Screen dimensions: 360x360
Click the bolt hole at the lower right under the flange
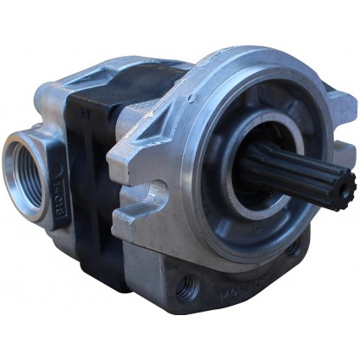tap(292, 248)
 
